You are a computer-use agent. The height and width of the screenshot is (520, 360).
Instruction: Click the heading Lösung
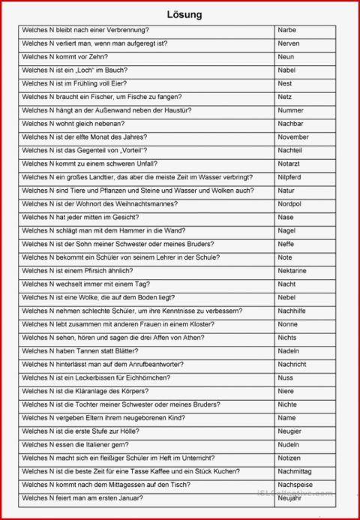tap(184, 14)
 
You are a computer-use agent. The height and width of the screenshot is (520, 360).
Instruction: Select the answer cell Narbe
tap(286, 30)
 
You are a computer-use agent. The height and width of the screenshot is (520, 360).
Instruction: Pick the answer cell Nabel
tap(286, 70)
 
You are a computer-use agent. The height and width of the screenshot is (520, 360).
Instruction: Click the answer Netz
tap(284, 97)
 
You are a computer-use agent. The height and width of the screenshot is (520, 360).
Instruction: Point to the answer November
tap(292, 137)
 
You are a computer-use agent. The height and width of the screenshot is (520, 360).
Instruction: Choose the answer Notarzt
tap(289, 164)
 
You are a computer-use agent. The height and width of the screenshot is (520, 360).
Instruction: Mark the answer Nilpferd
tap(290, 177)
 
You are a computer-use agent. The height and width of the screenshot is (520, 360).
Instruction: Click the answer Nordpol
tap(289, 204)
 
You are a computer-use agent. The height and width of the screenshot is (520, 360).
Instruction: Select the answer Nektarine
tap(292, 270)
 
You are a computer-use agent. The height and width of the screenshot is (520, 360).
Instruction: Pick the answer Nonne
tap(287, 324)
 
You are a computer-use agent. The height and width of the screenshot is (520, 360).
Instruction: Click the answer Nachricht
tap(292, 364)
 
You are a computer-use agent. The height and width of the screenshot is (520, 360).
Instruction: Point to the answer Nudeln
tap(287, 443)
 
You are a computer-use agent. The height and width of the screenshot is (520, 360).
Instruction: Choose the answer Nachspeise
tap(294, 484)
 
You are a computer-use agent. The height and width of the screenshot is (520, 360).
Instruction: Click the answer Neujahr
tap(289, 497)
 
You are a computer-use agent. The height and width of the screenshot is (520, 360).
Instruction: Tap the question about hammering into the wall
tap(104, 230)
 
